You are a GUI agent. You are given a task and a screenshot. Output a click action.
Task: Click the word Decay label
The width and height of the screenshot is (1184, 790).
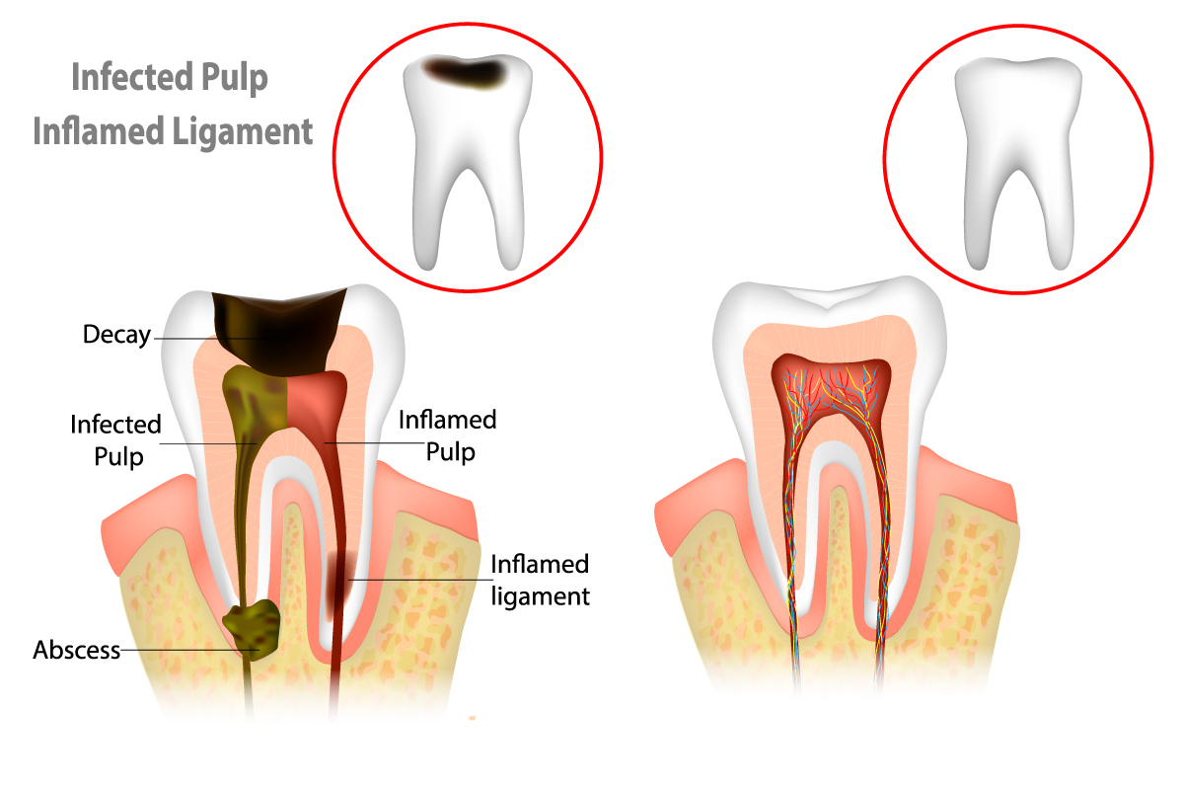pyautogui.click(x=115, y=336)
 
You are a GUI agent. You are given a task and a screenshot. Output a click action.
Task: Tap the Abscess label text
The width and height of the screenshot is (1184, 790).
pyautogui.click(x=76, y=651)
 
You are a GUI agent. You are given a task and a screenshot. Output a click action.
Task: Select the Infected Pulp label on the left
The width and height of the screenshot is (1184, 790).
pyautogui.click(x=115, y=439)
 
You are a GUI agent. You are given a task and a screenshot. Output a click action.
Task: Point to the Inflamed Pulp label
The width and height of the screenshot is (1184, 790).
pyautogui.click(x=447, y=435)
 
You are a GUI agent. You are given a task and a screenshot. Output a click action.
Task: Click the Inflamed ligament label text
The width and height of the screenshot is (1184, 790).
pyautogui.click(x=540, y=580)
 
